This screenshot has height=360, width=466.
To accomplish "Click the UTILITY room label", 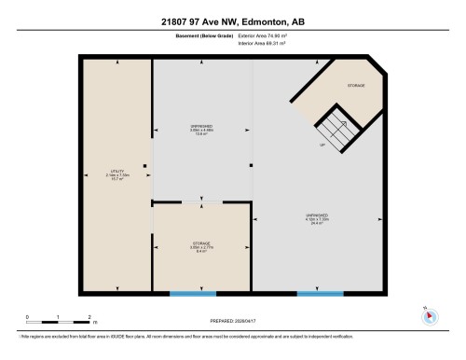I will (117, 173).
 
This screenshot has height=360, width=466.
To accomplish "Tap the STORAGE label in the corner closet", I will (356, 86).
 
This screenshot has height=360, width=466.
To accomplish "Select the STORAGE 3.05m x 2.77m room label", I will (200, 246).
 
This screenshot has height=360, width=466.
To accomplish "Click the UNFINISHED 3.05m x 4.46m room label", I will (201, 130).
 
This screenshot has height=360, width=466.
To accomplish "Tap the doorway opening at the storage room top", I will (201, 201).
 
